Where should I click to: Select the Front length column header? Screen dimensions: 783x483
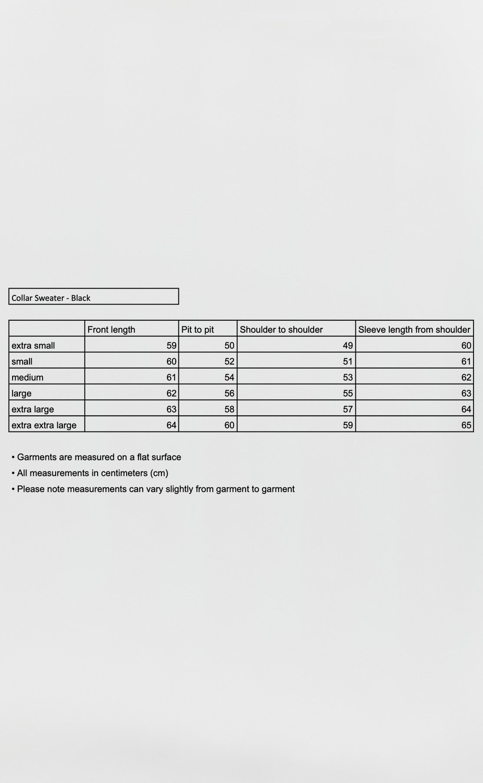(111, 329)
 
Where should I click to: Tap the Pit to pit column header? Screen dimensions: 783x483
(197, 329)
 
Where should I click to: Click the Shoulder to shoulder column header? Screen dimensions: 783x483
(281, 329)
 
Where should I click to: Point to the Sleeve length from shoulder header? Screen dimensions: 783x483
(414, 329)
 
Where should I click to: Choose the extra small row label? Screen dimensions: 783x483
(33, 345)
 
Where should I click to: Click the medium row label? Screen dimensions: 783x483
(27, 377)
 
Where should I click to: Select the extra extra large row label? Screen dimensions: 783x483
(44, 425)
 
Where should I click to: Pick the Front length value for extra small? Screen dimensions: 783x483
(171, 345)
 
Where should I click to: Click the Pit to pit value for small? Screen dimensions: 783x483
(229, 361)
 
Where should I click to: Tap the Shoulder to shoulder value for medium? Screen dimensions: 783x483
(348, 377)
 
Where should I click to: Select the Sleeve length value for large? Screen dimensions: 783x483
(466, 393)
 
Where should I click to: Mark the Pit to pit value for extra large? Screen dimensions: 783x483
(229, 409)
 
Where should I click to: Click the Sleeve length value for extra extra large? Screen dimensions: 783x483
(466, 425)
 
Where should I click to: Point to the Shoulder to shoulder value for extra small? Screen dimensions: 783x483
(348, 345)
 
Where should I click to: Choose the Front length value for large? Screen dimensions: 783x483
(171, 393)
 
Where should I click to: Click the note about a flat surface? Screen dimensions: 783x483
(99, 457)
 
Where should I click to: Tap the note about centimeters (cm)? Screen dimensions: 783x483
(92, 473)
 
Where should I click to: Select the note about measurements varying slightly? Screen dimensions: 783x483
(156, 489)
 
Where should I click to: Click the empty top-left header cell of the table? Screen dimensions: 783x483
(47, 328)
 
